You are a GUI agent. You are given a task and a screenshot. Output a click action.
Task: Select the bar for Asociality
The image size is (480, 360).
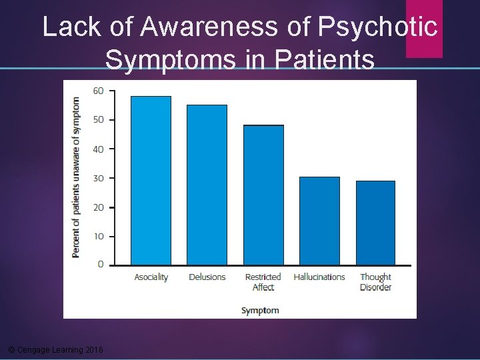point(151,181)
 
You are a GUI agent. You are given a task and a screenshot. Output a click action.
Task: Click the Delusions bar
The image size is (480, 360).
point(207,185)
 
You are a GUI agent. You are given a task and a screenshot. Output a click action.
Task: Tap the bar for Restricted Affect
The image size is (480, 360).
point(263,195)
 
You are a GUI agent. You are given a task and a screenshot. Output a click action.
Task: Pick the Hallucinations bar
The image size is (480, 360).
point(319,221)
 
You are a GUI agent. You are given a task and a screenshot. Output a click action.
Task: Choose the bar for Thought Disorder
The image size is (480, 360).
point(375,223)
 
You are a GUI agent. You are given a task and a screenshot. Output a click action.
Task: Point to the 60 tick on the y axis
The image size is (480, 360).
point(97,91)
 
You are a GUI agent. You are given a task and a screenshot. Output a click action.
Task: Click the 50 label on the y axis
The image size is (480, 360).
point(97,120)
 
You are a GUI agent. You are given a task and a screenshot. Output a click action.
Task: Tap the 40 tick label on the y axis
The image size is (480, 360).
point(97,149)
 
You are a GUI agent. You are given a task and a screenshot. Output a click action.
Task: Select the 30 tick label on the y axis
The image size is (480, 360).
point(97,178)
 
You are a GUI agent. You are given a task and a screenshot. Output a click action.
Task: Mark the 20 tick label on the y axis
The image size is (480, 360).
point(97,207)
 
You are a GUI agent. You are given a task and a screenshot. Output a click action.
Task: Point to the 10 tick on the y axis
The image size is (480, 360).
point(97,236)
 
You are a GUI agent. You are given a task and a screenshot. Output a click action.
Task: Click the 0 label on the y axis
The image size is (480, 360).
point(100,265)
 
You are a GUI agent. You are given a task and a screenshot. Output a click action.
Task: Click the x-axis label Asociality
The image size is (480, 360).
point(151,277)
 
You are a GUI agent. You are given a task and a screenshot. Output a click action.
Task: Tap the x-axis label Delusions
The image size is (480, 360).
point(207,277)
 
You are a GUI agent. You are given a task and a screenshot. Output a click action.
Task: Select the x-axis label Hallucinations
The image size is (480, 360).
point(319,277)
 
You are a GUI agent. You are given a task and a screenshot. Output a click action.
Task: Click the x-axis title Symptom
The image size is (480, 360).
point(260,310)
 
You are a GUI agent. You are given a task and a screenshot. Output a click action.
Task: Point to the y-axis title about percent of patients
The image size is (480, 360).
point(76,177)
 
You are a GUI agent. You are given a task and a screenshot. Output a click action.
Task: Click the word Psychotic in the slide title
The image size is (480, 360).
point(378,27)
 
